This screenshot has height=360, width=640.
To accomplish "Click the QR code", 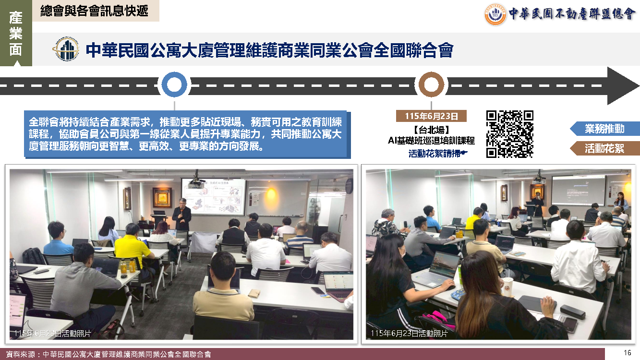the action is (510, 134).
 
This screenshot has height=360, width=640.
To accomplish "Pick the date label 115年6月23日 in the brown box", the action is (431, 116).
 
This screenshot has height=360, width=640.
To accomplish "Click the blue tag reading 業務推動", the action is (604, 129).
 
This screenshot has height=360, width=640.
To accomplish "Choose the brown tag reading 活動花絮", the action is (604, 148).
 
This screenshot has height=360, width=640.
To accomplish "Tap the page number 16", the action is (627, 353).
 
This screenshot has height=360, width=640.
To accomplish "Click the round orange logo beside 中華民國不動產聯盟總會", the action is (495, 14).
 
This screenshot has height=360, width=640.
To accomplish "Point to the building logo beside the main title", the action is (66, 49).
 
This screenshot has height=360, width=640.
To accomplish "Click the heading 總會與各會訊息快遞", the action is (94, 11).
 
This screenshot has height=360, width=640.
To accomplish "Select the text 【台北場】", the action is (432, 130).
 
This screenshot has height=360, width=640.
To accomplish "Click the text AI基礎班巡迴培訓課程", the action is (431, 141).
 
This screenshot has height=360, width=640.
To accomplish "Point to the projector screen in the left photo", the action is (214, 196).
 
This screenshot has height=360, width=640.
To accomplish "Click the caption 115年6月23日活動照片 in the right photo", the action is (409, 334).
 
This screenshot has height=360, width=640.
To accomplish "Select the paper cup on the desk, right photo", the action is (508, 287).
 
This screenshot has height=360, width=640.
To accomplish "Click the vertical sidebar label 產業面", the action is (16, 33).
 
